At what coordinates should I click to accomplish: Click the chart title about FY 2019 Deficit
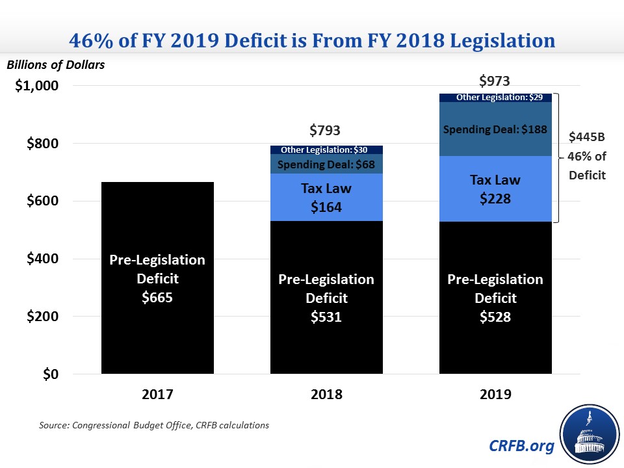pyautogui.click(x=312, y=40)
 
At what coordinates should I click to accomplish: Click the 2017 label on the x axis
pyautogui.click(x=157, y=395)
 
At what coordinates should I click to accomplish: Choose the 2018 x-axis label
pyautogui.click(x=326, y=395)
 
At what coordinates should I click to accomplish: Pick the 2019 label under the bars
pyautogui.click(x=495, y=395)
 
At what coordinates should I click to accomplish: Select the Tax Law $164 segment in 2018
pyautogui.click(x=326, y=198)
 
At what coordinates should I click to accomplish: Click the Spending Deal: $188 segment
pyautogui.click(x=495, y=129)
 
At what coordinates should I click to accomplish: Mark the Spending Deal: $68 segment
pyautogui.click(x=326, y=164)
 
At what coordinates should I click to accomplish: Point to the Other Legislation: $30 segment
pyautogui.click(x=326, y=150)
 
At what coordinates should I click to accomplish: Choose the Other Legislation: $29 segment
pyautogui.click(x=495, y=97)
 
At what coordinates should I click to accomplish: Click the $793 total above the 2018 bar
pyautogui.click(x=326, y=131)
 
